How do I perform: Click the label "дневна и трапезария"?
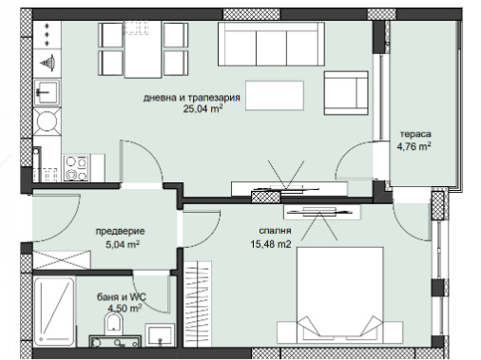(191, 98)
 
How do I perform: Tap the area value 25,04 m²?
(202, 109)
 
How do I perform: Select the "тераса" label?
(415, 134)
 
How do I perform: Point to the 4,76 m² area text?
(414, 146)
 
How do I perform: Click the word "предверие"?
(120, 231)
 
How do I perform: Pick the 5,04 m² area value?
(123, 244)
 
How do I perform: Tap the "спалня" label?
(275, 231)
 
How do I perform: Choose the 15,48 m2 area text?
(271, 244)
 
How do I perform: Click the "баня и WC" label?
(122, 297)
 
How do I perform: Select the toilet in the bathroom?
(113, 322)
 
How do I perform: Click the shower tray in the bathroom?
(54, 313)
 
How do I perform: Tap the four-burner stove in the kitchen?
(76, 168)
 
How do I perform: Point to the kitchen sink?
(47, 92)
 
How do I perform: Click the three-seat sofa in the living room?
(271, 44)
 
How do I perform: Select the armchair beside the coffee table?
(346, 93)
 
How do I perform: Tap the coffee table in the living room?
(275, 96)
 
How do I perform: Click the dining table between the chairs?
(144, 49)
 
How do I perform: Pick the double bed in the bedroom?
(340, 294)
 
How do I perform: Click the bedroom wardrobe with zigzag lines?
(197, 304)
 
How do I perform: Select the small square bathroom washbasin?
(160, 335)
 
